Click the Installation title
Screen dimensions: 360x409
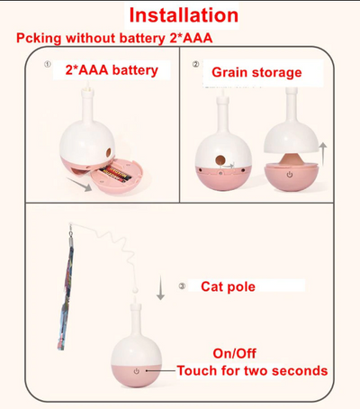[184, 15]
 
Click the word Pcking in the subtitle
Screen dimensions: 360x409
[39, 39]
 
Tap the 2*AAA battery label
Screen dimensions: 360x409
[112, 70]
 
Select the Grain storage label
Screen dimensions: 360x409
[256, 72]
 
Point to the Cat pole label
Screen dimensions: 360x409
[228, 286]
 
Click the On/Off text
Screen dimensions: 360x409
[235, 353]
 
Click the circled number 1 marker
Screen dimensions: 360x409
[48, 64]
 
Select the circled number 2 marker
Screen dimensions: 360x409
[195, 64]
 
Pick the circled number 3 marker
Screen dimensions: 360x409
[182, 286]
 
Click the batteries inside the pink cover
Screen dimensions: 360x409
[115, 174]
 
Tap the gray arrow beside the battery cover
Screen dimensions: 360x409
[78, 184]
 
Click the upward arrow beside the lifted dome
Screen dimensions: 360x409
[323, 154]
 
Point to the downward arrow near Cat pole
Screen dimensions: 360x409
[160, 287]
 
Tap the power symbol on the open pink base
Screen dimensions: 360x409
[290, 174]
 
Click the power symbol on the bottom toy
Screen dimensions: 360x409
[137, 371]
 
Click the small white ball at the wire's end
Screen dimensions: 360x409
[135, 290]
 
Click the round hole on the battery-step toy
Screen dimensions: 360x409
[109, 152]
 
